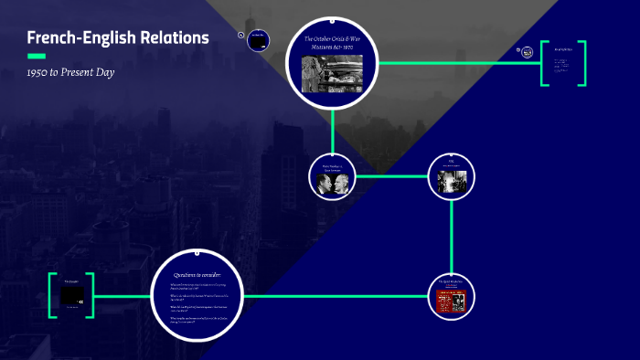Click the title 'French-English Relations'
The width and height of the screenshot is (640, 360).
pos(118,37)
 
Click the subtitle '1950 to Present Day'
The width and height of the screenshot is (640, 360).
pos(70,72)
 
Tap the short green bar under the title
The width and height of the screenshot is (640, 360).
pos(37,56)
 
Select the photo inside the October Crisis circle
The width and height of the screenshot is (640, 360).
pos(332,72)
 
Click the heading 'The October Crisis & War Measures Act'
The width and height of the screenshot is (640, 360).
pos(332,44)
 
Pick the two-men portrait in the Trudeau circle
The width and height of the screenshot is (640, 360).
pos(332,184)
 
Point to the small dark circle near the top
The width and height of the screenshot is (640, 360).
pos(259,40)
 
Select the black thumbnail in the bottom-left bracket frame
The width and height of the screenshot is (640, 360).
pos(72,297)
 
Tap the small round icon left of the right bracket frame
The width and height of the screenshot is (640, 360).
pos(528,52)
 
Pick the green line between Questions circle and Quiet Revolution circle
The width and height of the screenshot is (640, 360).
pos(338,296)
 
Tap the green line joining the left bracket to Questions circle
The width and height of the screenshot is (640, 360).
pos(123,296)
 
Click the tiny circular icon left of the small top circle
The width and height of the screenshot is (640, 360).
pos(240,36)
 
